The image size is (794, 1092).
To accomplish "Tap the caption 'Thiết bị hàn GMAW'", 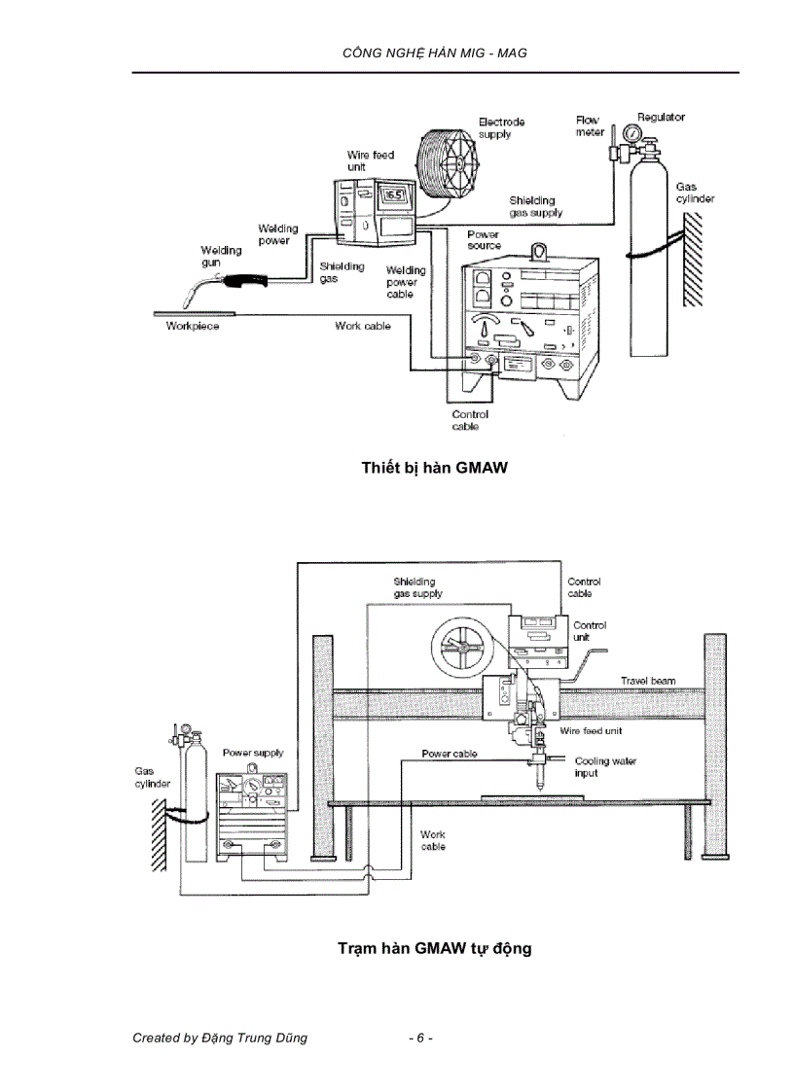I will point(435,468).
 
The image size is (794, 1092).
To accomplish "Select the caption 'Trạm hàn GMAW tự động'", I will point(435,947).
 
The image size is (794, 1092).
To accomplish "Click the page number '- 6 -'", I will point(420,1038).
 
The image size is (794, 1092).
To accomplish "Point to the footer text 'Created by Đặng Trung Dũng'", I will point(220,1038).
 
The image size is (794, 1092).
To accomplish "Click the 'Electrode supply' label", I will point(501,127).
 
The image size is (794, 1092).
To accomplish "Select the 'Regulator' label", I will point(661,117).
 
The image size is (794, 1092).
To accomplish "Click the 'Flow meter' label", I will point(589,125).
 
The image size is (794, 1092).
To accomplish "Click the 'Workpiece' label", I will point(192,327).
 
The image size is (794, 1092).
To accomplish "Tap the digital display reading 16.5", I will point(393,194).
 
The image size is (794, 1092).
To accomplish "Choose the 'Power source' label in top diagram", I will point(484,240).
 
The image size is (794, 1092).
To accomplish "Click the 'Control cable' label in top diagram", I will point(470,420).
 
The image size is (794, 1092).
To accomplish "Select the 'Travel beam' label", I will point(648,681).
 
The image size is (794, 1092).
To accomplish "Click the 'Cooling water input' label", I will point(605,767).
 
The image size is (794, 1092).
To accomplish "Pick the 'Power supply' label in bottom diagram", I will point(253,753).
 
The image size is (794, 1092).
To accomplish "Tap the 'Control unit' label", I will point(590,631).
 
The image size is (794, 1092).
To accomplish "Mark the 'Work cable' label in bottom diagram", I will point(433,840).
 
